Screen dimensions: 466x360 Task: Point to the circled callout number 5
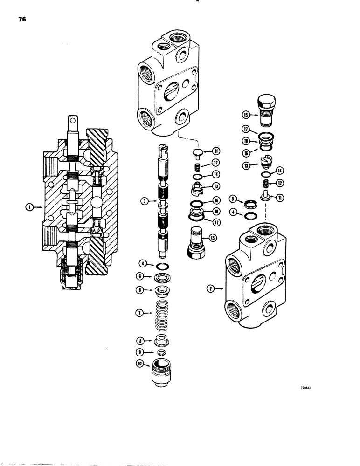tap(234, 199)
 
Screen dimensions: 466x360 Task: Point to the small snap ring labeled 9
tap(160, 351)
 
